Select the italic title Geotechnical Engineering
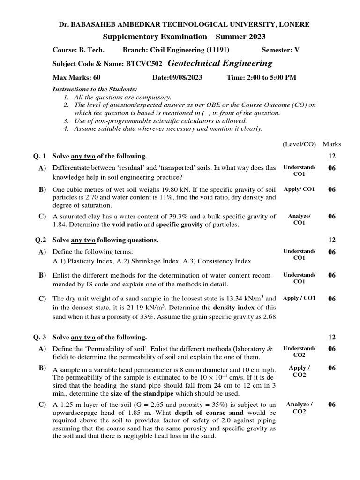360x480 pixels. (x=220, y=63)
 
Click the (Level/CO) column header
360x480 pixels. (x=300, y=144)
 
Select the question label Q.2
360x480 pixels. (x=41, y=240)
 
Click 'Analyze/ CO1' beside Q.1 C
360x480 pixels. (x=299, y=219)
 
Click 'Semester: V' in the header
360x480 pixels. (x=280, y=50)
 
